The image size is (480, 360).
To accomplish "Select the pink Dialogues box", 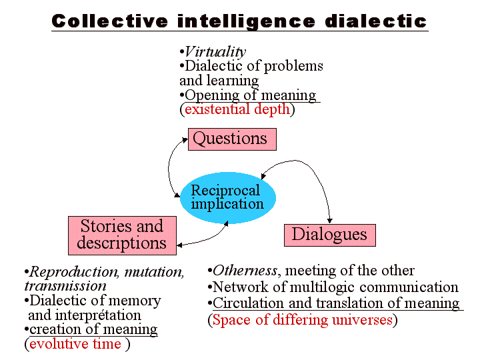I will coord(329,235).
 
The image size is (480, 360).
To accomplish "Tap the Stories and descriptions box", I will coord(122,235).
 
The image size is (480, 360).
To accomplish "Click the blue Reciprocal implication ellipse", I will coord(227,197).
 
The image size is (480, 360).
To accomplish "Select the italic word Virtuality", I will coord(215,52).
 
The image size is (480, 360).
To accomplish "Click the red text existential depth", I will coord(237,109).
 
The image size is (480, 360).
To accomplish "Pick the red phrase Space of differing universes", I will coord(302,320).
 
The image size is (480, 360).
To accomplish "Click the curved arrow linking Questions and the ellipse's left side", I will coord(171,167).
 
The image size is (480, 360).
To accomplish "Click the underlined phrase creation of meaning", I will coord(94,329).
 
